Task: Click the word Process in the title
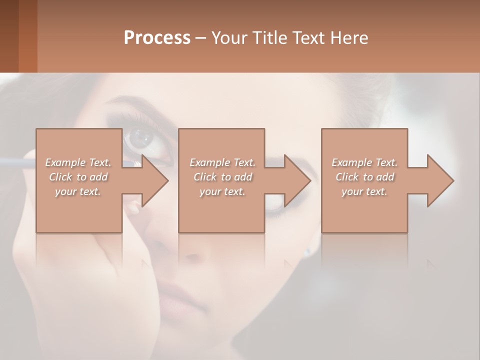tap(157, 37)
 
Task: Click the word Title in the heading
tap(270, 37)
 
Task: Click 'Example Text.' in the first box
tap(78, 162)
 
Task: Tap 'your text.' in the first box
tap(78, 191)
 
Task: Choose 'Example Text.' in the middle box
tap(222, 162)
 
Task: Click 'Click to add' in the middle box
tap(222, 177)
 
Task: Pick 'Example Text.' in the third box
tap(364, 162)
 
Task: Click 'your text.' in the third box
tap(364, 191)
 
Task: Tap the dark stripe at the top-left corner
tap(9, 36)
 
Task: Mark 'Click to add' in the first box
tap(78, 177)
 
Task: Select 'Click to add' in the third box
tap(364, 177)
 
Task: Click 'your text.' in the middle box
tap(222, 191)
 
